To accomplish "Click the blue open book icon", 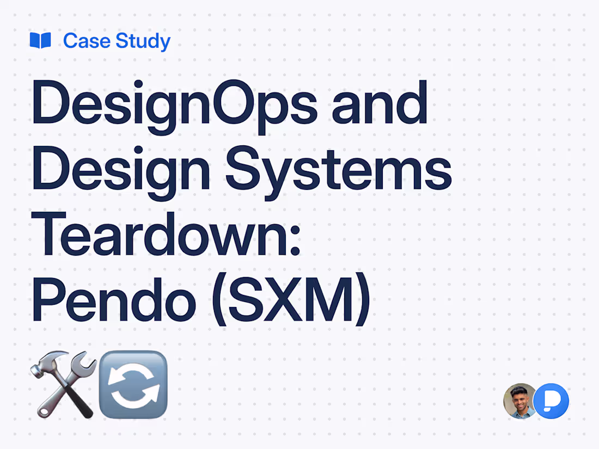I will tap(40, 41).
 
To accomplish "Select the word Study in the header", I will tap(142, 41).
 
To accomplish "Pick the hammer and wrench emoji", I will tap(63, 384).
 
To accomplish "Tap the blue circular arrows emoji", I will tap(133, 384).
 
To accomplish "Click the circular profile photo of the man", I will tap(520, 401).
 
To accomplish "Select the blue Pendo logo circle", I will tap(551, 401).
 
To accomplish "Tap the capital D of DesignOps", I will tap(50, 103).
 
